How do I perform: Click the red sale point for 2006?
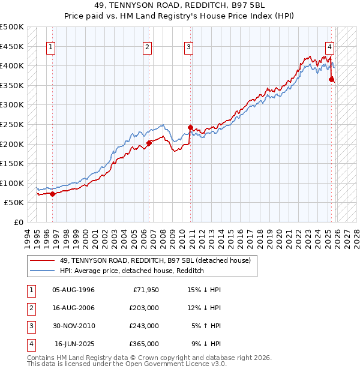(x=149, y=143)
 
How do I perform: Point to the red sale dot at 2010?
(x=190, y=127)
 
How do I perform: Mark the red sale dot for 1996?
(x=52, y=194)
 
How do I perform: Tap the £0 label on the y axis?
(x=19, y=222)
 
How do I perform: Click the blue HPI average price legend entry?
(x=132, y=271)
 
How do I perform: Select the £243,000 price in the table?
(x=145, y=326)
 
